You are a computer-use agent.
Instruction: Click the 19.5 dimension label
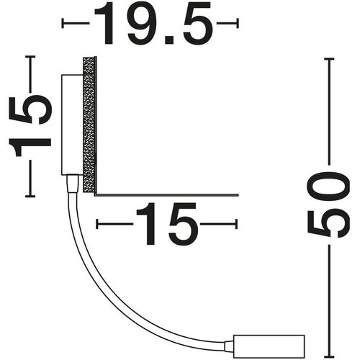[153, 23]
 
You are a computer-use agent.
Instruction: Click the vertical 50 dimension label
[329, 205]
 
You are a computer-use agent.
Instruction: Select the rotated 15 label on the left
[30, 126]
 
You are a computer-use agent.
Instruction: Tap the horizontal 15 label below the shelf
[167, 224]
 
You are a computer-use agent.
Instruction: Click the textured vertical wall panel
[89, 125]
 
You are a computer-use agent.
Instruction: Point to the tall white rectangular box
[72, 125]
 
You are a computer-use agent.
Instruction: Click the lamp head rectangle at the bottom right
[269, 346]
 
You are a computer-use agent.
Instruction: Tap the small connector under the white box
[73, 184]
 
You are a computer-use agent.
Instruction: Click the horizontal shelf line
[166, 194]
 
